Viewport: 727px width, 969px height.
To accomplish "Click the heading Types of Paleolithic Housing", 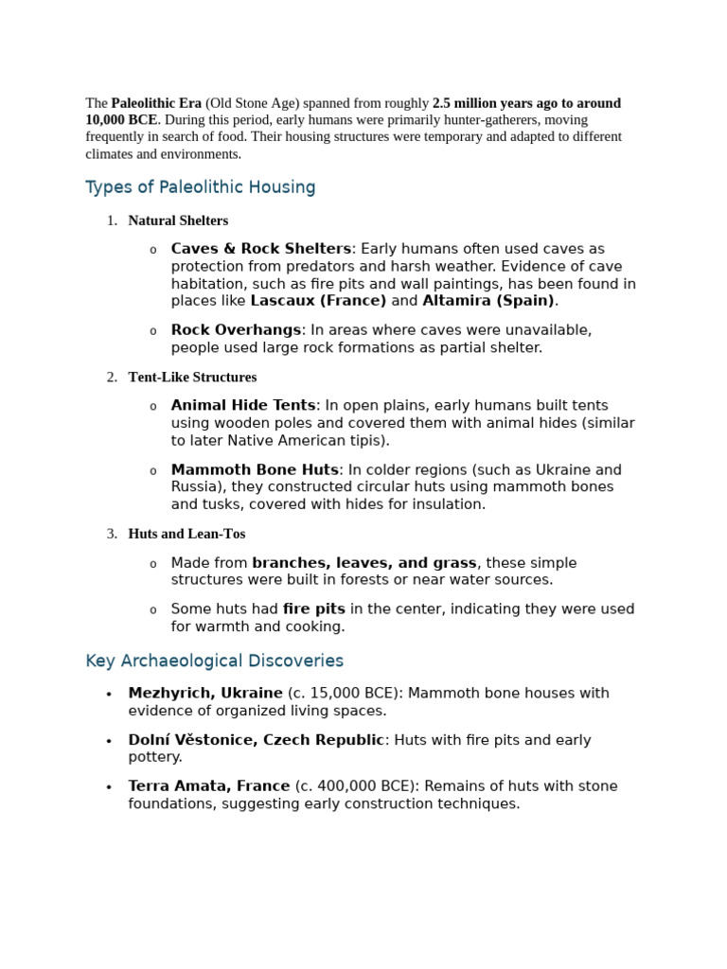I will point(201,187).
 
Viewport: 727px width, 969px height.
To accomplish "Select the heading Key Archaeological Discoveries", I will point(214,661).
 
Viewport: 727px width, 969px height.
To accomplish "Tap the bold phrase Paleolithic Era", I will point(156,103).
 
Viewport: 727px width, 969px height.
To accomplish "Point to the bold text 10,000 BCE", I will point(121,120).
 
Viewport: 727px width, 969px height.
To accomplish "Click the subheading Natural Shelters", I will point(178,220).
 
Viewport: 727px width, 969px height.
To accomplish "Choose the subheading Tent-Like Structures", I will point(192,377).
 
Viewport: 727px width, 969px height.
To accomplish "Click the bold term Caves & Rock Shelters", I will point(261,249).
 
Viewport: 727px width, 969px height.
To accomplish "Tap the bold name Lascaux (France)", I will point(318,301).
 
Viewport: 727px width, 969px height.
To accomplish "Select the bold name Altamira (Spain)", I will point(488,301).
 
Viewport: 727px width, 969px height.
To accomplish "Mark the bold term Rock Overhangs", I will point(236,330).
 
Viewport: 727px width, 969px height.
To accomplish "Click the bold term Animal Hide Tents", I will point(243,406).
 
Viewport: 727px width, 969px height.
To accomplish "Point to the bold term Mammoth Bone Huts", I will point(255,469).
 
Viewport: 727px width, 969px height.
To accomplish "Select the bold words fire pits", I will point(314,609).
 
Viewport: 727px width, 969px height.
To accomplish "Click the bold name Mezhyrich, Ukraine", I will point(205,694).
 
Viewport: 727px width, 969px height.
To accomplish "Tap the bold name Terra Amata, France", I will point(209,786).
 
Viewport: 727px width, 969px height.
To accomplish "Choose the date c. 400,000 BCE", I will point(357,786).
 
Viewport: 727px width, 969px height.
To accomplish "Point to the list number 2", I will point(111,377).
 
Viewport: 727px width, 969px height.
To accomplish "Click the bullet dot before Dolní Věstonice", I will point(109,741).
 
